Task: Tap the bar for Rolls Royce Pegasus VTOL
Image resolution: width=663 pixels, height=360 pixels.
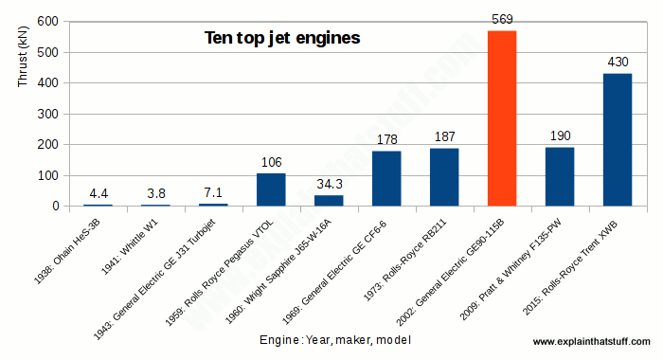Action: [271, 189]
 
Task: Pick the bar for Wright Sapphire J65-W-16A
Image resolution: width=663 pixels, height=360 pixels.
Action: [329, 200]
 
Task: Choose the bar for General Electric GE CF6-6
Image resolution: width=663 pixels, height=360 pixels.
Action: [386, 178]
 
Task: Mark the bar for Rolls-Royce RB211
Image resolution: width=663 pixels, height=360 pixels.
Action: [444, 176]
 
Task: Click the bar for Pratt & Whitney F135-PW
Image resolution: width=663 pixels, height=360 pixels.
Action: [559, 176]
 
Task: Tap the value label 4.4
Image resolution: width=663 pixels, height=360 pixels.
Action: [98, 193]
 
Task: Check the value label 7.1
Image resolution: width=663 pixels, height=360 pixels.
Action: [213, 192]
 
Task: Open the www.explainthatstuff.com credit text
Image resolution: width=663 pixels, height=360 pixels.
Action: [593, 341]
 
